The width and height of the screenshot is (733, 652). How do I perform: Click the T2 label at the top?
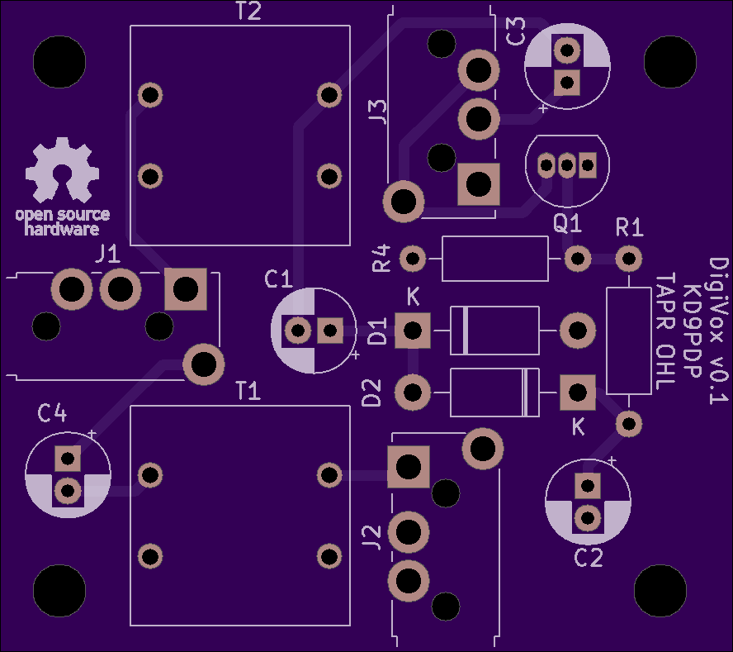(248, 12)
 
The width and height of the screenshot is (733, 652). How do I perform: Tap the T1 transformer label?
(248, 391)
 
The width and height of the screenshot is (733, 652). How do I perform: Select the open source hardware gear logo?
(62, 170)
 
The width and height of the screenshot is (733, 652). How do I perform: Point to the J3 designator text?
(378, 111)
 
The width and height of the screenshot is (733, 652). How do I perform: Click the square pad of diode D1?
(412, 331)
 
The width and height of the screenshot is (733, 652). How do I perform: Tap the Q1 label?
(567, 223)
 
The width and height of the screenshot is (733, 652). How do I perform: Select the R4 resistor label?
(381, 259)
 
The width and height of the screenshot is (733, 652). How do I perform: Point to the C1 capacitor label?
(278, 279)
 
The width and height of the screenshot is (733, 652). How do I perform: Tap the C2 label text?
(588, 558)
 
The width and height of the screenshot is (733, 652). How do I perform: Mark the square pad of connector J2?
(409, 467)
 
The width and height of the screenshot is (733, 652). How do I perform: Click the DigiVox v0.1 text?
(719, 331)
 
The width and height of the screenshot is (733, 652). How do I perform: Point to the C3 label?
(516, 32)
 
